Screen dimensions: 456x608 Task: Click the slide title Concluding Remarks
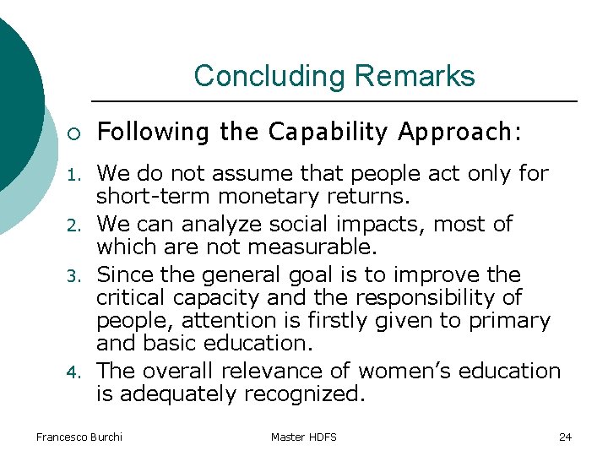pos(334,76)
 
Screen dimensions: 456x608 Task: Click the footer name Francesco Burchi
pos(79,437)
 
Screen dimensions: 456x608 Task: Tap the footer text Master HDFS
pos(303,437)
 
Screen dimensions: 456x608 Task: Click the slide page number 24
pos(565,437)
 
